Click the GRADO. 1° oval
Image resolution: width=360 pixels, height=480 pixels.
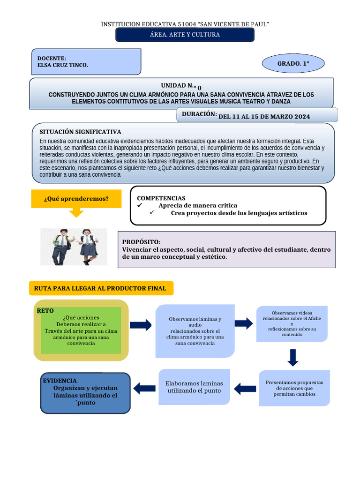point(293,63)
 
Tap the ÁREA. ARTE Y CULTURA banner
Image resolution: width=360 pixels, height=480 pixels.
point(185,35)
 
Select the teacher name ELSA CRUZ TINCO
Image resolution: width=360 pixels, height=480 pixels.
point(62,65)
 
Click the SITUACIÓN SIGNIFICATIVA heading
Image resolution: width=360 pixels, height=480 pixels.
point(80,132)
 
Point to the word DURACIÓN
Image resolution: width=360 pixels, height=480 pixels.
point(199,114)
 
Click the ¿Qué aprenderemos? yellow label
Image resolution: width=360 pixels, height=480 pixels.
point(76,199)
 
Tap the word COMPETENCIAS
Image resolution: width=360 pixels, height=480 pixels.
point(161,198)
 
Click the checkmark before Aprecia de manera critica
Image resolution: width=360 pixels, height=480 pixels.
point(140,205)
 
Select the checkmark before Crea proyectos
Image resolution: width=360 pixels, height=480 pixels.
point(152,212)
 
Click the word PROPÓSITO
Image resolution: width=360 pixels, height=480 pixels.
point(141,242)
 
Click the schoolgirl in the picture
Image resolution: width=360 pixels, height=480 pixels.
point(88,247)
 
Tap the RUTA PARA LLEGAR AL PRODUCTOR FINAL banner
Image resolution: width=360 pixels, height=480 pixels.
point(101,288)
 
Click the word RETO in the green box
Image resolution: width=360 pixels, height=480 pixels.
point(45,311)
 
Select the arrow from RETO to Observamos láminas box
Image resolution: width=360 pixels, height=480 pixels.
point(141,325)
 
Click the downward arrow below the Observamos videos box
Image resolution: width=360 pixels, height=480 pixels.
point(292,358)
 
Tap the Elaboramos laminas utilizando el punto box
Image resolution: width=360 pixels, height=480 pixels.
point(194,387)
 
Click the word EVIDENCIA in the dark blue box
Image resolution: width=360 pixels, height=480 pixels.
point(60,381)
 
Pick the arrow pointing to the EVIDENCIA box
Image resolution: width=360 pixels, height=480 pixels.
point(144,389)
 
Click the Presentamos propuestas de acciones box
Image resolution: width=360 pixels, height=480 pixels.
point(294,388)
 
